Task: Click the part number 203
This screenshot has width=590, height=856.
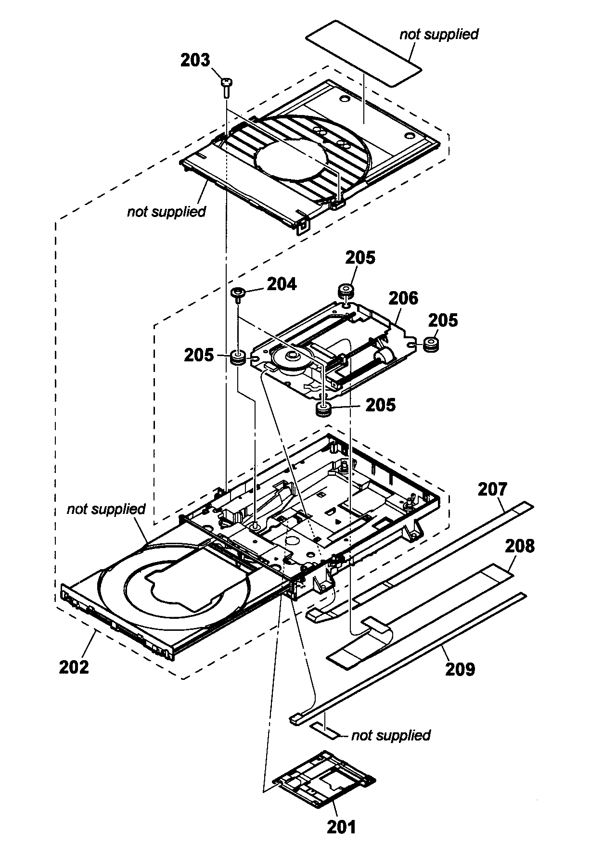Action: tap(195, 61)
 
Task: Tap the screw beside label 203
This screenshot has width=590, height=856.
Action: tap(226, 86)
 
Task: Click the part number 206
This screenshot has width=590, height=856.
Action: tap(404, 298)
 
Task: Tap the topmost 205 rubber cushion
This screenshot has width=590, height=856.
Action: tap(345, 291)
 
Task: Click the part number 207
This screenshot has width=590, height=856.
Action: tap(492, 490)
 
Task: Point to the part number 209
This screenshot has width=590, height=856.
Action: tap(460, 669)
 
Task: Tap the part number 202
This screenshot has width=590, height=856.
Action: tap(74, 667)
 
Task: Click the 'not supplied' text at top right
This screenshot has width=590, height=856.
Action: tap(439, 35)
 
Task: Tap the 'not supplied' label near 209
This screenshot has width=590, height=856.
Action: tap(391, 735)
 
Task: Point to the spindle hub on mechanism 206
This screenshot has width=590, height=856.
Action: tap(291, 357)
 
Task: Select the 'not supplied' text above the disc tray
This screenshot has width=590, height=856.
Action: tap(106, 509)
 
